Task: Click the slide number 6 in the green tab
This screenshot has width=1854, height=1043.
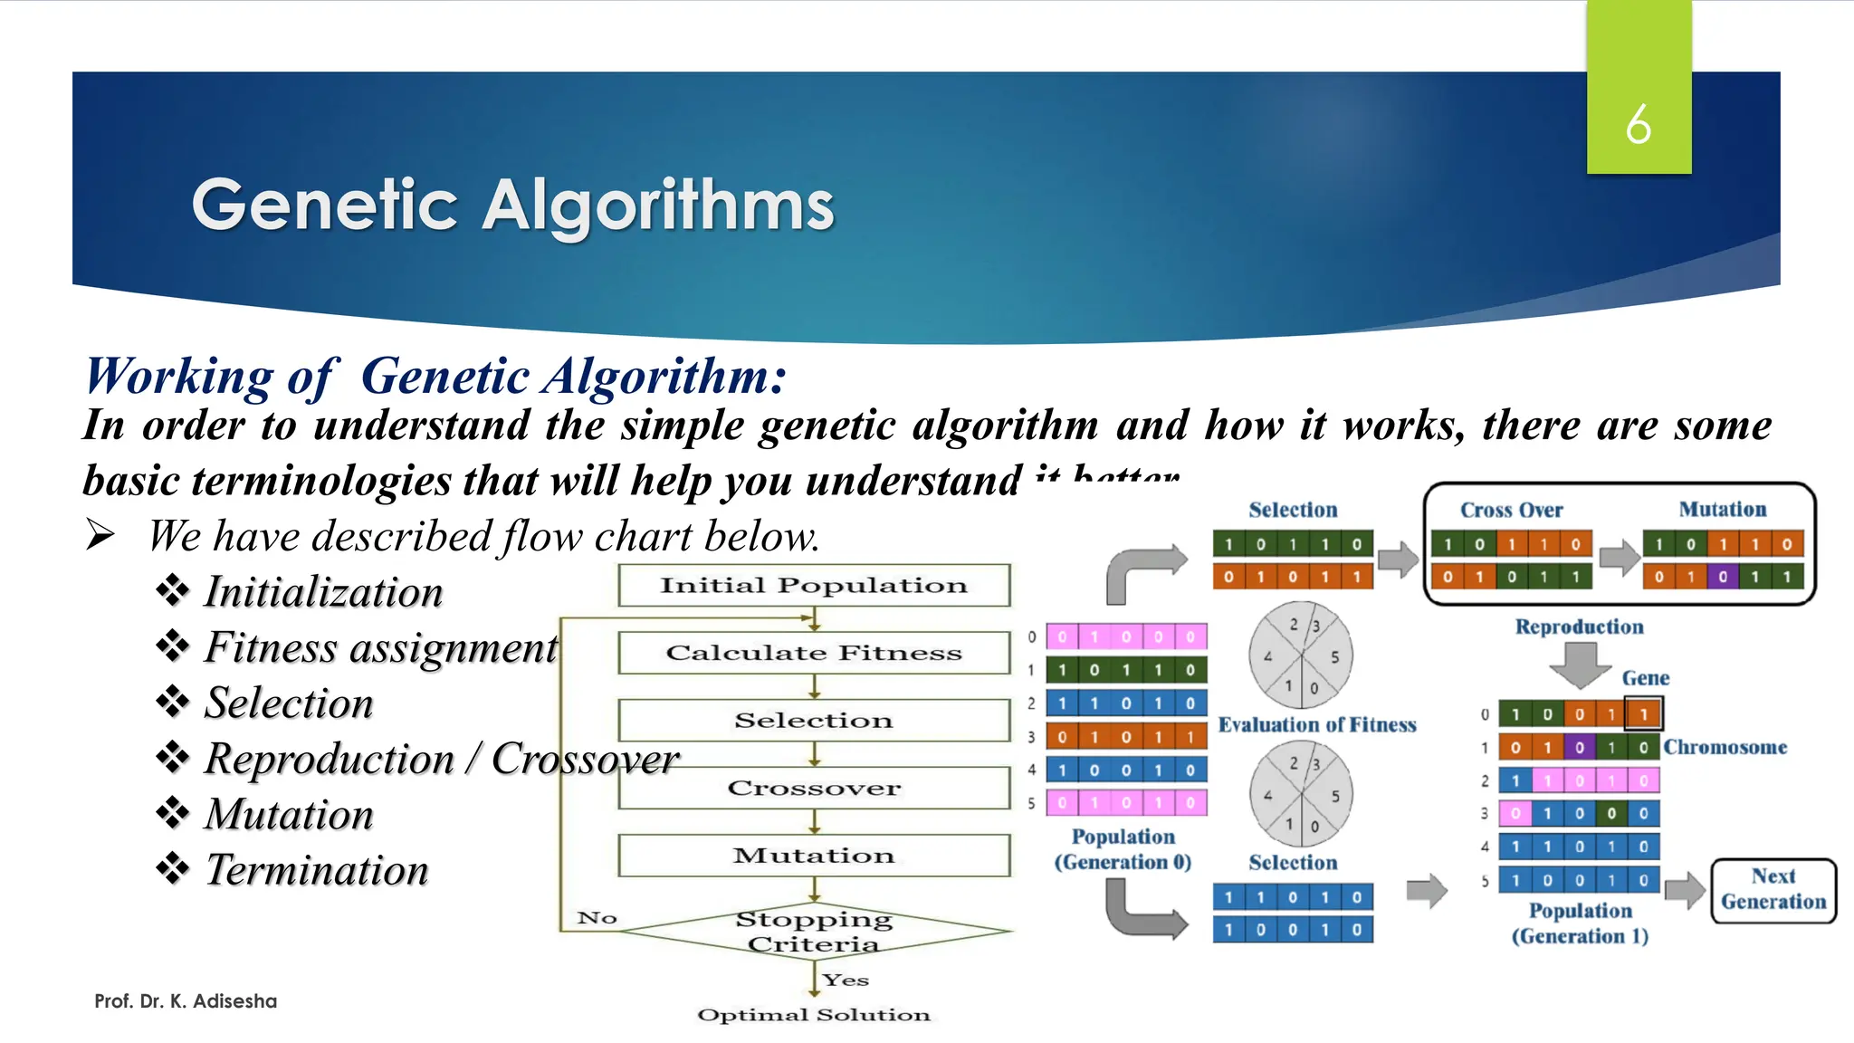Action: pos(1638,125)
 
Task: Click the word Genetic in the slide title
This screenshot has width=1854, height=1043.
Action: pos(324,206)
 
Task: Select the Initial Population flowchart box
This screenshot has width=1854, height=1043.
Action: pos(813,586)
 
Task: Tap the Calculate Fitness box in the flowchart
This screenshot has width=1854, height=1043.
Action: pos(813,653)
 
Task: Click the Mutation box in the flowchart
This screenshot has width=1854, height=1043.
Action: pos(813,856)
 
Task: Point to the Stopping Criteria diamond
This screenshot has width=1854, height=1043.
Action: pos(813,931)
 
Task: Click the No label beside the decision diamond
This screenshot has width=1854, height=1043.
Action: pos(597,918)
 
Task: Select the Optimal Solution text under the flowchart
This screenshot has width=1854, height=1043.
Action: pos(813,1015)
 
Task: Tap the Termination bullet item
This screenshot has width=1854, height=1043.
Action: pos(316,870)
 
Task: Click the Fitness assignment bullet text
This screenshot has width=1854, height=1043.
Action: pos(380,647)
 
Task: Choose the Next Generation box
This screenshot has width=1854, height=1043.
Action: pos(1773,889)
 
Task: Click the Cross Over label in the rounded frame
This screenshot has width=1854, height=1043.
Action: pos(1511,510)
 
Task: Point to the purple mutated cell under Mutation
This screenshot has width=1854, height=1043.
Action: pos(1723,577)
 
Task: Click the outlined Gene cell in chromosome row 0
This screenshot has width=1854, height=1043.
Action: pos(1643,713)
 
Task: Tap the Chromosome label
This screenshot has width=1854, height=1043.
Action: pos(1725,747)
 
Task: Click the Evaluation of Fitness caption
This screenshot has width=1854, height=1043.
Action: pos(1316,724)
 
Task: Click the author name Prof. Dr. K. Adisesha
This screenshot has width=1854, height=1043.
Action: pos(186,1001)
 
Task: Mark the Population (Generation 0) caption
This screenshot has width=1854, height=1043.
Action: pos(1123,849)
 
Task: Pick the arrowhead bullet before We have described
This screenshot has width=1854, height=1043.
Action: pos(100,535)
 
